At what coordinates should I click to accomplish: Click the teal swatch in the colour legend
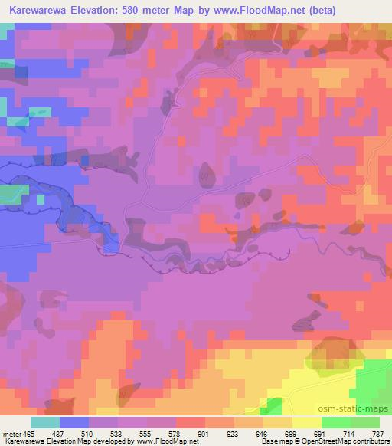coord(44,422)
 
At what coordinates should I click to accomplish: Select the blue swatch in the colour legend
coord(73,422)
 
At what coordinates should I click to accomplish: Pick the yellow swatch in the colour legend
coord(306,422)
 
